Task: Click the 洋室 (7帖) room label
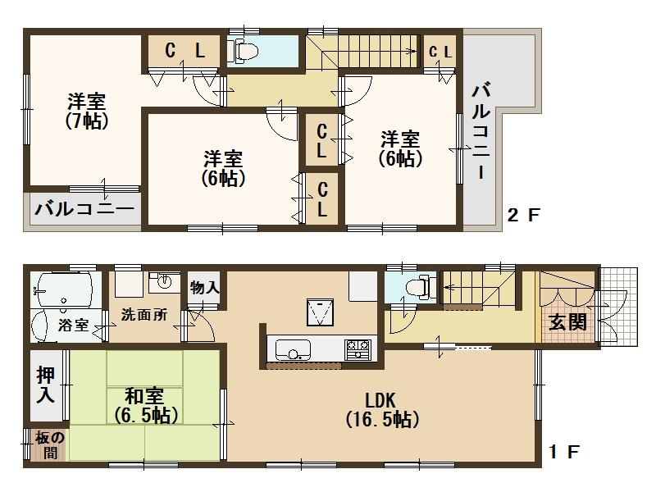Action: pos(87,112)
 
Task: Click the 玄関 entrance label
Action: pos(567,322)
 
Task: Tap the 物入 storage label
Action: pos(204,288)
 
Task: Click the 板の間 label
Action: pos(45,445)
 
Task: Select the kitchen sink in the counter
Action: pos(291,350)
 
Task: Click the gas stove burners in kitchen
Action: pos(358,348)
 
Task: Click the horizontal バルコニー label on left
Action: pos(84,209)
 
